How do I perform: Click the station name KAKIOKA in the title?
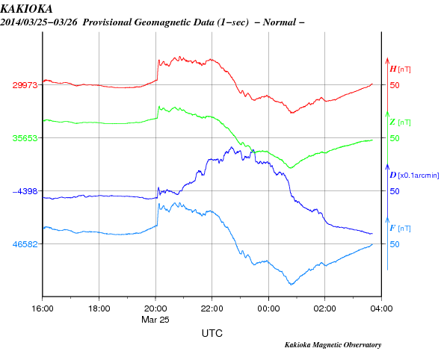point(26,9)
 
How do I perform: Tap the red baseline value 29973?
point(25,85)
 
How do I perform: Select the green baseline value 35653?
point(25,138)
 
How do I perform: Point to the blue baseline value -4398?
point(25,191)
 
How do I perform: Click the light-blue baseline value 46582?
point(25,244)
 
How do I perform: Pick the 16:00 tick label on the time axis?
point(43,308)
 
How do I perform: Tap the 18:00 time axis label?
point(99,308)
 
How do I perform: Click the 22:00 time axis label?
point(212,308)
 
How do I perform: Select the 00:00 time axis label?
point(268,308)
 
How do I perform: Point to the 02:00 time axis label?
point(325,308)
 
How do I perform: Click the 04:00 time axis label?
point(381,308)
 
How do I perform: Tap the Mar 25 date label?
point(155,320)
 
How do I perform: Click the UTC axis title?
point(212,333)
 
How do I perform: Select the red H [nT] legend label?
point(400,69)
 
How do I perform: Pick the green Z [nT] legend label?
point(400,122)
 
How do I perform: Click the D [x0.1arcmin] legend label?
point(414,175)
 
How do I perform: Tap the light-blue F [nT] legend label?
point(400,228)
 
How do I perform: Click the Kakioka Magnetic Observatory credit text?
point(333,345)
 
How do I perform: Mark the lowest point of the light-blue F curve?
point(292,285)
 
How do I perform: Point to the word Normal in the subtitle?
point(280,22)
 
